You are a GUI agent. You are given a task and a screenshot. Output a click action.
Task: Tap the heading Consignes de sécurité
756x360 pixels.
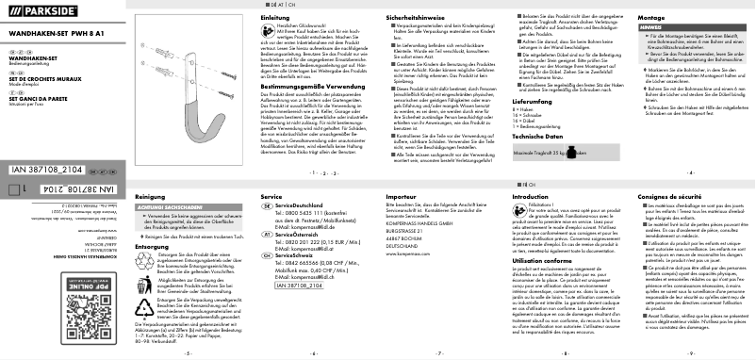coord(668,196)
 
